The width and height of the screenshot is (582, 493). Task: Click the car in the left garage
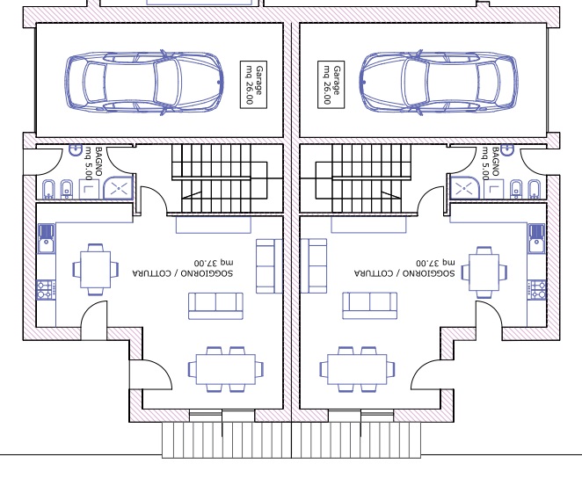click(144, 82)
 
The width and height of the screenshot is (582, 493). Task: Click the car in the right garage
click(439, 82)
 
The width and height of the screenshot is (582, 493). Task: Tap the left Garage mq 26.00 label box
click(253, 84)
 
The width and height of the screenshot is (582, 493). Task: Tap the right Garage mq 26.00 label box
click(331, 84)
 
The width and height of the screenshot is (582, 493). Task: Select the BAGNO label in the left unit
click(98, 162)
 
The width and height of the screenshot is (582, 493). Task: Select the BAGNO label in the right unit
click(496, 162)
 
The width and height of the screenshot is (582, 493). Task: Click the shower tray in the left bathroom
click(118, 188)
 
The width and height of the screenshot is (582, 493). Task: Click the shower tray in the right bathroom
click(464, 188)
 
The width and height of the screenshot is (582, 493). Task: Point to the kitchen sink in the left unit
click(47, 238)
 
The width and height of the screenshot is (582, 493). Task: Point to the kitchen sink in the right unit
click(536, 238)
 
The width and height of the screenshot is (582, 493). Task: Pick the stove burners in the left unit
click(46, 290)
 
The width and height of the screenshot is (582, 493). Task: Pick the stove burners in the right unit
click(536, 290)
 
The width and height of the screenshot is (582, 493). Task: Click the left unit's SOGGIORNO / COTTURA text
click(183, 273)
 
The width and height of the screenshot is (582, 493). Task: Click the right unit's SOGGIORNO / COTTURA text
click(404, 273)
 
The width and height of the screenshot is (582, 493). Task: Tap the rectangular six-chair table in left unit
click(226, 369)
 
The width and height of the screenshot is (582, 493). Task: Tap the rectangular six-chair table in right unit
click(357, 369)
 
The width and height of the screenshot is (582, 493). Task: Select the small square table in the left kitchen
click(96, 269)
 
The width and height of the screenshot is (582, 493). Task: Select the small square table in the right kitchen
click(484, 272)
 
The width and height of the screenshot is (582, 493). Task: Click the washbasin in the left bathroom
click(76, 150)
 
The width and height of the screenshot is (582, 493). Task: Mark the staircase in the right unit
click(364, 178)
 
